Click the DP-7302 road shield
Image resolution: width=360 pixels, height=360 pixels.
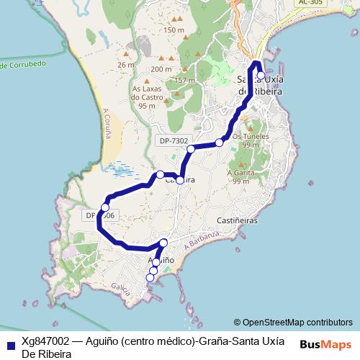173,141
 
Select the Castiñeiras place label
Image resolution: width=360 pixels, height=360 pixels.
237,221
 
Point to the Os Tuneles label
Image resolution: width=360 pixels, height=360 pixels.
251,135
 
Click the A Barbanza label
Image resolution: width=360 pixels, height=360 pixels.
200,243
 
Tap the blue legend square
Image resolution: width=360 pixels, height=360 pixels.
10,345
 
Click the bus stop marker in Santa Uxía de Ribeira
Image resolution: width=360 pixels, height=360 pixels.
260,76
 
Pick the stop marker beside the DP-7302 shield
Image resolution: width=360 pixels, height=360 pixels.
191,149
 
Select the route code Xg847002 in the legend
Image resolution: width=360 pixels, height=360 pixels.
45,341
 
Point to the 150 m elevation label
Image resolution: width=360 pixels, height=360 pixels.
174,30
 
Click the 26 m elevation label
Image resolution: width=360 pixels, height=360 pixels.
127,65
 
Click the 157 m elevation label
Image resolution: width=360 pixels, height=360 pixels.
185,79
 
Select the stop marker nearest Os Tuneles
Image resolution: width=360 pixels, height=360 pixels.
220,143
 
